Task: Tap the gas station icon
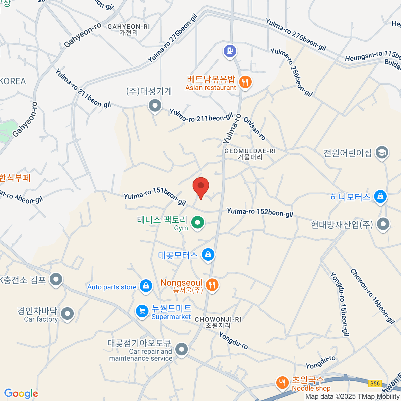coord(230,51)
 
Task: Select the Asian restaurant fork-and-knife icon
coord(246,82)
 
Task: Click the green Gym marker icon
coord(197,222)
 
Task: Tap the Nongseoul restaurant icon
coord(212,285)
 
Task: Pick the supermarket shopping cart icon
coord(142,311)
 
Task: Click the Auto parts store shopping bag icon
coord(146,286)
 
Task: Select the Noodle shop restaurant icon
coord(283,383)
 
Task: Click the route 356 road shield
coord(375,383)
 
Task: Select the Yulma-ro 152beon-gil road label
coord(260,212)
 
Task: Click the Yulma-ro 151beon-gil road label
coord(155,196)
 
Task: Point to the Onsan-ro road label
coord(255,129)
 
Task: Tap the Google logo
coord(21,394)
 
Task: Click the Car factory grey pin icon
coord(68,314)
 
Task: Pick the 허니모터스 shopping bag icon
coord(380,196)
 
